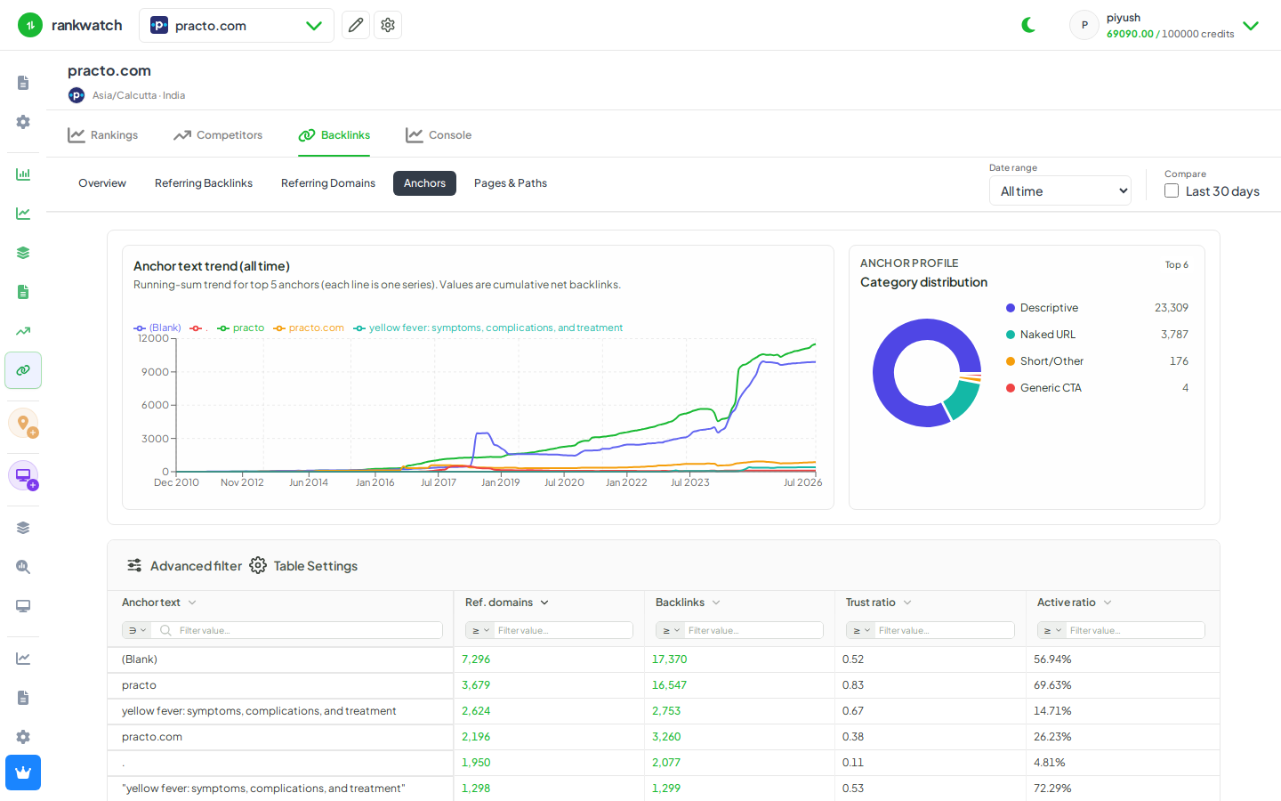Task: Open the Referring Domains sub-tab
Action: click(327, 183)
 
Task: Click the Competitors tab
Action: click(218, 135)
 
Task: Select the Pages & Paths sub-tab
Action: click(510, 183)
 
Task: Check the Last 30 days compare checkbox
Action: click(1172, 191)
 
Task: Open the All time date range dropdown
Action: click(1059, 191)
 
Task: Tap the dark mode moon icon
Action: click(1028, 25)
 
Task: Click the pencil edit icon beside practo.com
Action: click(356, 25)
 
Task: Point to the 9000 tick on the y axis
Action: click(155, 372)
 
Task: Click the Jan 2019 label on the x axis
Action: click(500, 482)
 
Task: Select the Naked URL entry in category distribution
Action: click(1048, 334)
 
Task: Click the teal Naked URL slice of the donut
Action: click(963, 400)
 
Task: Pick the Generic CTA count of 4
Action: click(1185, 388)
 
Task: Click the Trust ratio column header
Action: click(870, 603)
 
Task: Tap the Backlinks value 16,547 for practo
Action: click(669, 685)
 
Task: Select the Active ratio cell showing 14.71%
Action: click(1052, 710)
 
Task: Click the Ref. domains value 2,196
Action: click(476, 736)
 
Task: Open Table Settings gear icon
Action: click(258, 565)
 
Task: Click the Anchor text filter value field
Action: click(308, 630)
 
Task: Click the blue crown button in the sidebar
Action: click(23, 773)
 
